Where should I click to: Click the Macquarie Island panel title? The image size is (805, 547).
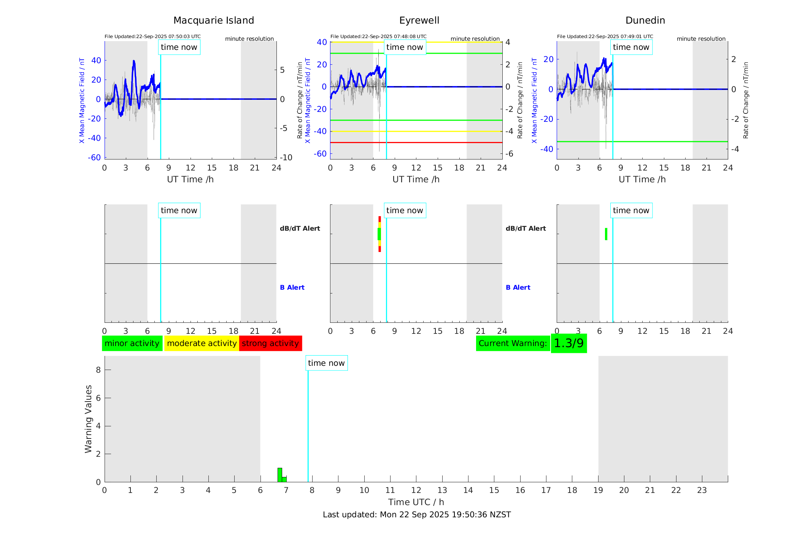(x=213, y=21)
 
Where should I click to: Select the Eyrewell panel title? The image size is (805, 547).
(x=419, y=21)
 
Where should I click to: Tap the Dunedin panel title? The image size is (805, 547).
(x=645, y=21)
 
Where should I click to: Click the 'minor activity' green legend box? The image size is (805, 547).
(x=132, y=343)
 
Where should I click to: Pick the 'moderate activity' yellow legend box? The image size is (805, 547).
(x=202, y=343)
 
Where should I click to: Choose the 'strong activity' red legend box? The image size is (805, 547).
(x=270, y=343)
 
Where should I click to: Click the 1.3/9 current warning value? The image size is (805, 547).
(x=568, y=343)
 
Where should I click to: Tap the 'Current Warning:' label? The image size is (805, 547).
(x=513, y=343)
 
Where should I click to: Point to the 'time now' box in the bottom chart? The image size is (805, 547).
(x=326, y=363)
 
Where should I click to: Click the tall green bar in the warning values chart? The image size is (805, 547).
(x=280, y=474)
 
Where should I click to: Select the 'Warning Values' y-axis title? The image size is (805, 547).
(x=89, y=419)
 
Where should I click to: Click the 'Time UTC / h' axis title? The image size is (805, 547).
(x=416, y=502)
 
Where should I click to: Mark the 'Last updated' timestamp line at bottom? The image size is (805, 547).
(x=417, y=515)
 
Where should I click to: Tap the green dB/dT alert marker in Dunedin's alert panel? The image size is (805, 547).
(x=606, y=234)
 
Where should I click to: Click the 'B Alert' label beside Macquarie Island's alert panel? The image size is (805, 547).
(x=292, y=287)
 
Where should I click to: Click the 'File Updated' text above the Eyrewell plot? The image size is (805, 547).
(x=378, y=37)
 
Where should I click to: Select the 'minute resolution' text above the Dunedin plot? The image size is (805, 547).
(x=701, y=39)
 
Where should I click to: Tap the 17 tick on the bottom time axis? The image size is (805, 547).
(x=546, y=490)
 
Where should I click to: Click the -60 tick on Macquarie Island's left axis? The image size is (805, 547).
(x=94, y=158)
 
